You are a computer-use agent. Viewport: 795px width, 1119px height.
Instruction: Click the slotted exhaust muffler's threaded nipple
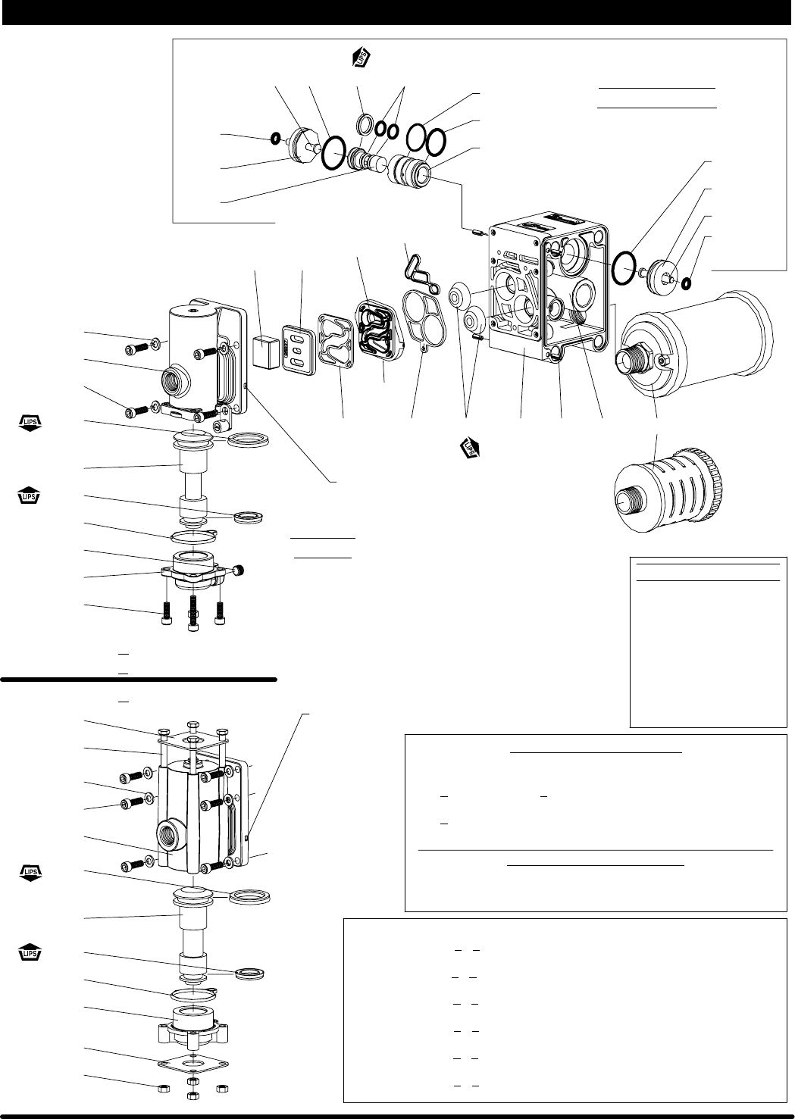(625, 502)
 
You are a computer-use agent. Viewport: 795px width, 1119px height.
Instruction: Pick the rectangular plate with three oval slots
(298, 349)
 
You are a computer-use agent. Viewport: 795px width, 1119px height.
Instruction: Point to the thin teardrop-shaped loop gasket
(419, 273)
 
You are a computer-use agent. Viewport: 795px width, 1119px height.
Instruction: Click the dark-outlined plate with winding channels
(378, 331)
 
